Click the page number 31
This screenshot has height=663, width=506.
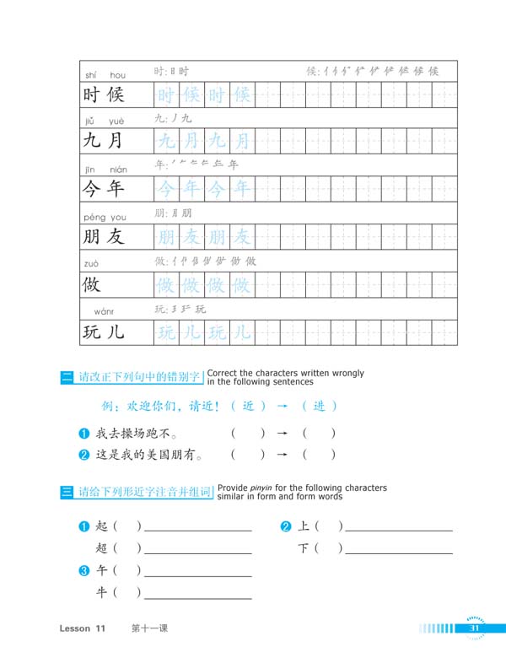[x=474, y=628]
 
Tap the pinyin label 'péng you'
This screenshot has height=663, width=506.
[x=105, y=217]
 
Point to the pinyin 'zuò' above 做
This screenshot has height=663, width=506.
[x=92, y=264]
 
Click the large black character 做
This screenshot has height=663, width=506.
[x=92, y=284]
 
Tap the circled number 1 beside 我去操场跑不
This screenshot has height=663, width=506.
[x=83, y=434]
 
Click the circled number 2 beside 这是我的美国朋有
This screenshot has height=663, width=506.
[x=83, y=455]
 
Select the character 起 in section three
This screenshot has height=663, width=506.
[x=102, y=526]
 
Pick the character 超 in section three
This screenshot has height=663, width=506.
[x=102, y=548]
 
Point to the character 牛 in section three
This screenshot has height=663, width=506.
[x=102, y=593]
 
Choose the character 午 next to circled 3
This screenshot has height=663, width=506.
[x=102, y=571]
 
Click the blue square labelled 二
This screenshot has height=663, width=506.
[x=67, y=378]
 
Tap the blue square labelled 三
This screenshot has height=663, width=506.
[x=67, y=492]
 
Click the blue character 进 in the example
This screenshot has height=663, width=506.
[x=319, y=406]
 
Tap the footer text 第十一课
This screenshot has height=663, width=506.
[x=150, y=629]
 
